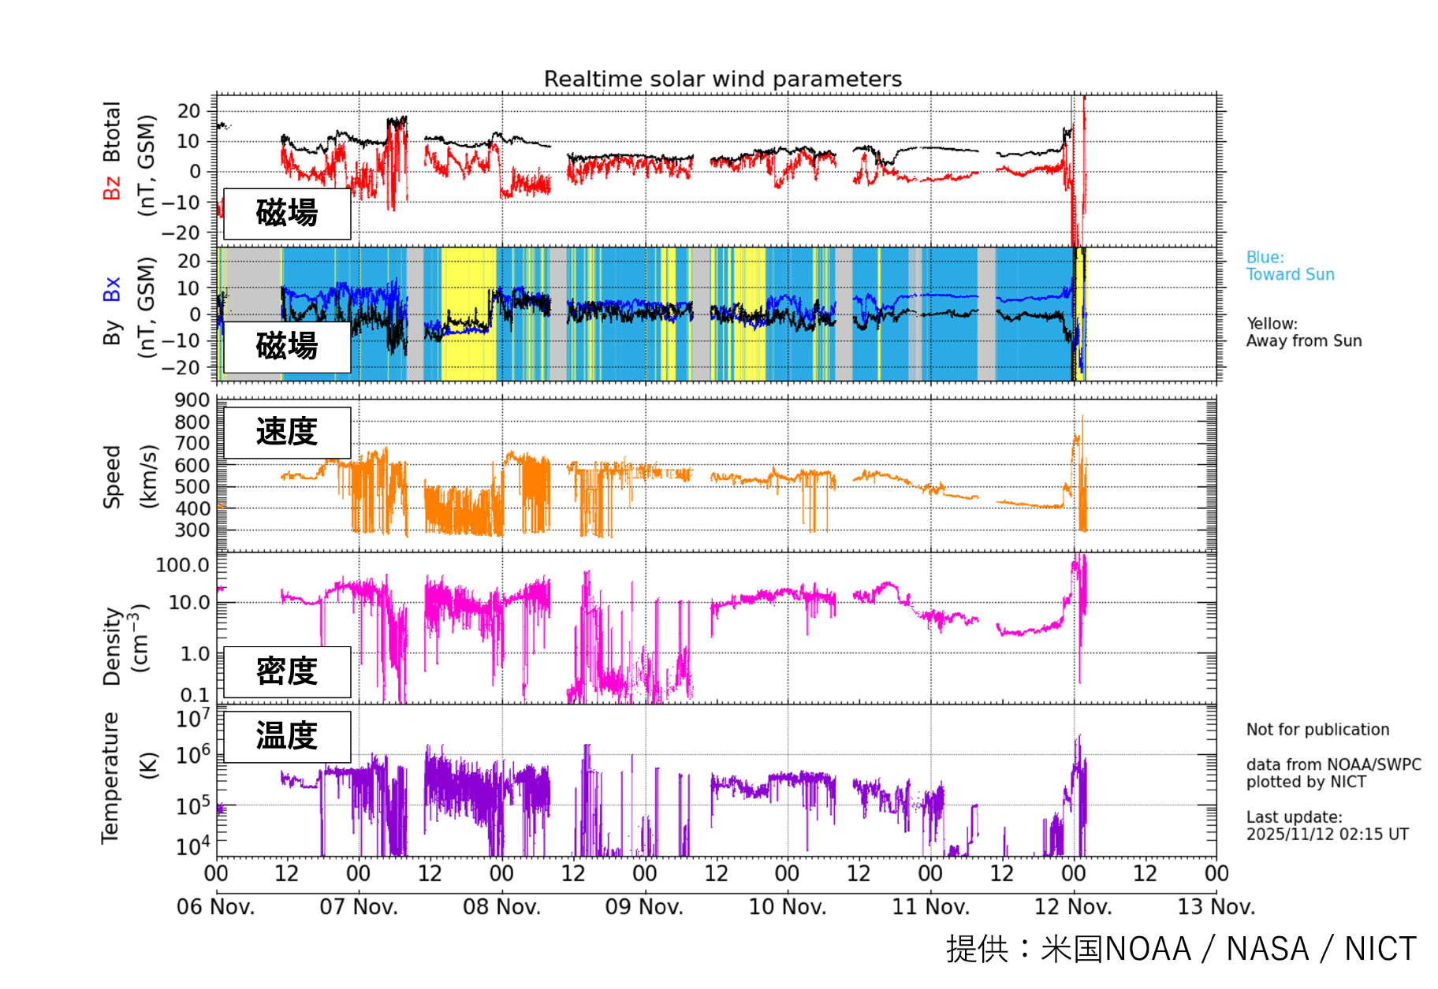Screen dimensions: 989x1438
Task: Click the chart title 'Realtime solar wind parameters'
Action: coord(722,79)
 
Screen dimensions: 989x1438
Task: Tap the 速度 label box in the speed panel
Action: coord(287,432)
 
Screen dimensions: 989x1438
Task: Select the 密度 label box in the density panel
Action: coord(287,671)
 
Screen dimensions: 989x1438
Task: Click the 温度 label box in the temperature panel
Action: coord(287,736)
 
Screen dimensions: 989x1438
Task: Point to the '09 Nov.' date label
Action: coord(644,907)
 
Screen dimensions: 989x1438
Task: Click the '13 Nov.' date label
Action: coord(1216,907)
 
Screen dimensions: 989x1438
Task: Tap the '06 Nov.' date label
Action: coord(215,907)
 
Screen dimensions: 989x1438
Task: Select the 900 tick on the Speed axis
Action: coord(192,400)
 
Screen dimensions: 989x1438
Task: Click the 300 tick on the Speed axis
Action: coord(192,530)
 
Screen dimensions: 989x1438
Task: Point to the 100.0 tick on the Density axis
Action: coord(183,565)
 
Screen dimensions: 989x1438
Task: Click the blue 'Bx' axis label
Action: coord(112,289)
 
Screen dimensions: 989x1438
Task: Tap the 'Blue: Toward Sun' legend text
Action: coord(1290,266)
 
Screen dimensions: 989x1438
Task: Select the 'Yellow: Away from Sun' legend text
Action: coord(1304,333)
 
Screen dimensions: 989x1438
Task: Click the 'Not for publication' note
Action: coord(1317,730)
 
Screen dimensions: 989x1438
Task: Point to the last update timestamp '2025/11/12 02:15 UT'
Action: coord(1327,835)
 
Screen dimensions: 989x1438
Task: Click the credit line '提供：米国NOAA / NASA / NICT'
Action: coord(1181,949)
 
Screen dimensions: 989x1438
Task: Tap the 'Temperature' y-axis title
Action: coord(110,778)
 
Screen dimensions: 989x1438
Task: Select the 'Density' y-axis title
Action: coord(112,646)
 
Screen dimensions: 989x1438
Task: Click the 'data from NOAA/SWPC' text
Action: coord(1333,764)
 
